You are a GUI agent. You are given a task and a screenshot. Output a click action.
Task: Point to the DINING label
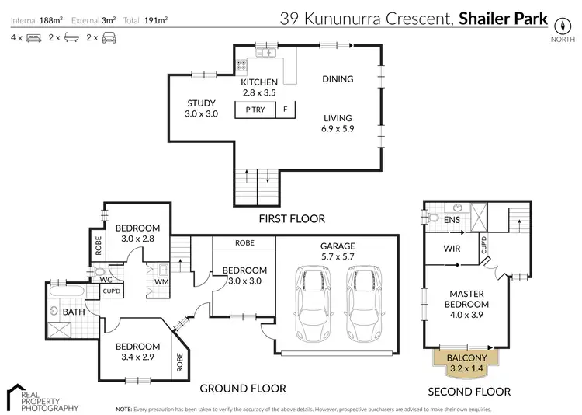tap(338, 79)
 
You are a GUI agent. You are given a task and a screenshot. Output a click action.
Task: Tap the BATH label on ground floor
tap(74, 312)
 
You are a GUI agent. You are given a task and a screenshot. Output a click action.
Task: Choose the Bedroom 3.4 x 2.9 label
tap(137, 351)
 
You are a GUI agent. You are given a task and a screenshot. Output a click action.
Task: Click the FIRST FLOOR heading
tap(293, 219)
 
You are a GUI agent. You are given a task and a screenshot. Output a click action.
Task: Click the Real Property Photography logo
tap(42, 398)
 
